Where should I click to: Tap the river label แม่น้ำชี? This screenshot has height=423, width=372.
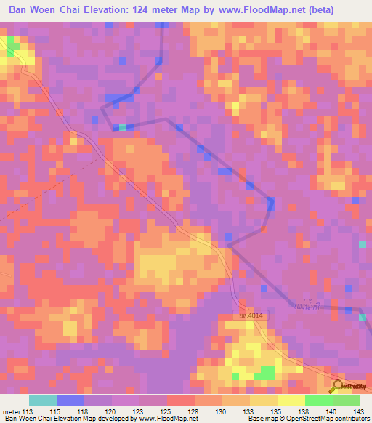tap(305, 306)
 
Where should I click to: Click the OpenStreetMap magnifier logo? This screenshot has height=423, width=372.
tap(338, 386)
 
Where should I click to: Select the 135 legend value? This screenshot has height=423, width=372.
tap(277, 411)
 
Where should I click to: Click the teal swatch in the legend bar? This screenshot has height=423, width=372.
tap(43, 400)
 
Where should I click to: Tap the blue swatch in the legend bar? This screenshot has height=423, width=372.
tap(70, 400)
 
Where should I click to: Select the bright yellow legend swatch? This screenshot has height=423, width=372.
tap(291, 400)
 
